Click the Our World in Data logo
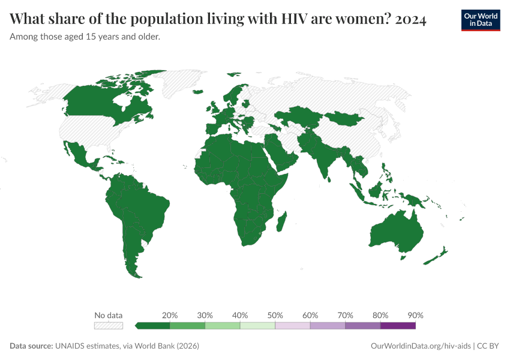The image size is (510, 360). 480,20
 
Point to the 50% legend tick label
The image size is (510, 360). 275,315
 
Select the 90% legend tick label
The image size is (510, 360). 415,315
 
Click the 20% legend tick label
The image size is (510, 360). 170,315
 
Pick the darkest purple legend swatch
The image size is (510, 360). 398,326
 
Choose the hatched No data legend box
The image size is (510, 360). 109,326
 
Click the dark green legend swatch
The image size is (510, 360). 153,326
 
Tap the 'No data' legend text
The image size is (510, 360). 109,315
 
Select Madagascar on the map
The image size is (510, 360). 282,220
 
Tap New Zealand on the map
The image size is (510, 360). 435,257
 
